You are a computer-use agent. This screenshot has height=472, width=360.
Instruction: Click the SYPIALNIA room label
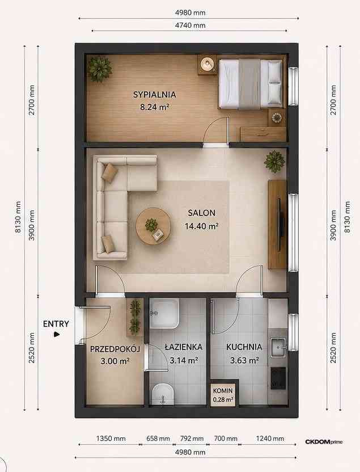click(x=154, y=95)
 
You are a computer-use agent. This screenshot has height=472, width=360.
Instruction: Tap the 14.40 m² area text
click(x=201, y=226)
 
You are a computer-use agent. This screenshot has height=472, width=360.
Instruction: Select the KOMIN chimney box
click(x=223, y=394)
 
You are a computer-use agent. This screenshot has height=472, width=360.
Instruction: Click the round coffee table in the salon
click(x=154, y=226)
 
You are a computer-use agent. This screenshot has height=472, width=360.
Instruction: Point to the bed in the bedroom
click(x=251, y=84)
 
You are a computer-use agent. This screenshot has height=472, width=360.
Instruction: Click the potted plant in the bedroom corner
click(x=99, y=69)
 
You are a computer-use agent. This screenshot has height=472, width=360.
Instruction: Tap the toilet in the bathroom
click(x=163, y=394)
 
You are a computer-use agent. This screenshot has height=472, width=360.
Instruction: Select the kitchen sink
click(x=278, y=347)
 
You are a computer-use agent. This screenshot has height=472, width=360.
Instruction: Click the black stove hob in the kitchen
click(x=278, y=378)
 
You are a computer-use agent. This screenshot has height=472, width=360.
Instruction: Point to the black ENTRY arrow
click(x=57, y=334)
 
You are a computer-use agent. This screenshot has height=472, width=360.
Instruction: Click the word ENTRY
click(x=56, y=324)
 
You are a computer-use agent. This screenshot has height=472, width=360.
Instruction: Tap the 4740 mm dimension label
click(x=190, y=26)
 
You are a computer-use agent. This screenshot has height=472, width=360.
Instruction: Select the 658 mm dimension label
click(x=158, y=439)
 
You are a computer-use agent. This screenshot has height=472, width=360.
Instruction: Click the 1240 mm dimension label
click(x=270, y=439)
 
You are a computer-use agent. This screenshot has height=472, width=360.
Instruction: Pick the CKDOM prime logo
click(x=324, y=442)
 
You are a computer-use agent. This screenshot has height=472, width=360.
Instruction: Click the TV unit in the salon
click(x=277, y=225)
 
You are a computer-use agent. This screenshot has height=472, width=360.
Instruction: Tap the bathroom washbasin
click(x=164, y=314)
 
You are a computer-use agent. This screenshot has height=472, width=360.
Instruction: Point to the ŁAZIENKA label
click(x=184, y=347)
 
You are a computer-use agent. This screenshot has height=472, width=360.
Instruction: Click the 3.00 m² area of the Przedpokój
click(x=115, y=361)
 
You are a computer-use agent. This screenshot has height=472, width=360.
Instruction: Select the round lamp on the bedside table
click(x=207, y=64)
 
